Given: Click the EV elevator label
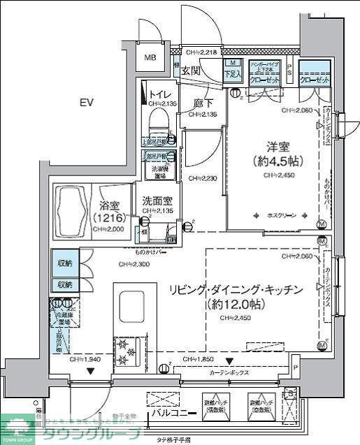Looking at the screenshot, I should coord(86,103).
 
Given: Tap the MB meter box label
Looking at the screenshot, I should coord(150,59).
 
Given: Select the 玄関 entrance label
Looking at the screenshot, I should coord(191,71).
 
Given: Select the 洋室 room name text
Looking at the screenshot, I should coord(275,147).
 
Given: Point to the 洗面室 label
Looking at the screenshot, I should coord(154,200).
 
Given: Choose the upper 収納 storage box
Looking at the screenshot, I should coord(64,265).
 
